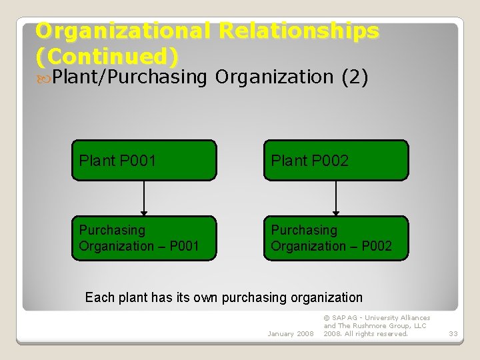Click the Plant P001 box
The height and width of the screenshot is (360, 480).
(x=144, y=160)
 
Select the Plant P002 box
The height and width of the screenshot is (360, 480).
(x=336, y=160)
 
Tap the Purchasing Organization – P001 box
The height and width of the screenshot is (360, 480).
(x=144, y=238)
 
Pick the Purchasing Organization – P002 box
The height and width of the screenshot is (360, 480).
(x=336, y=238)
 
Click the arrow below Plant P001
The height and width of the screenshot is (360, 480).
(x=144, y=198)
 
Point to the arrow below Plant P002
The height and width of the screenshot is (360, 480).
(x=336, y=198)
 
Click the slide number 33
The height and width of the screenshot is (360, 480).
(x=453, y=333)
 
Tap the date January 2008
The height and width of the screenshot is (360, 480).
(x=290, y=333)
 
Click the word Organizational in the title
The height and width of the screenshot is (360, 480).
(x=123, y=31)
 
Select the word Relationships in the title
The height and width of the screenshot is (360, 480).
(x=299, y=31)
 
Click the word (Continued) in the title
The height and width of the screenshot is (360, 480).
(x=107, y=55)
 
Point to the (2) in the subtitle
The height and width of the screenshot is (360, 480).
(x=355, y=77)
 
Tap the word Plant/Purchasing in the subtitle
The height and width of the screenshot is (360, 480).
(x=131, y=77)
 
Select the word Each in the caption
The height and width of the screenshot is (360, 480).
(x=99, y=297)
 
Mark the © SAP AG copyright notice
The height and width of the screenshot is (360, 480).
(x=377, y=326)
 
